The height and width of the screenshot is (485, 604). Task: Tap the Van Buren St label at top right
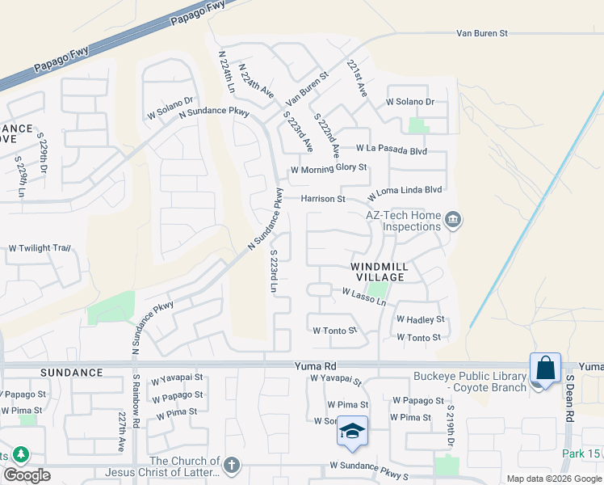click(481, 34)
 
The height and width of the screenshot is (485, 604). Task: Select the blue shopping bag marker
click(546, 369)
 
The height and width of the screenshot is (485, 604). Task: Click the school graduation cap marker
click(352, 431)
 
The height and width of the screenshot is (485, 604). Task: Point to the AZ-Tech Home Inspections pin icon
click(453, 220)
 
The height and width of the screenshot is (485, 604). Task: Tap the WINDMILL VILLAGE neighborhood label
click(378, 271)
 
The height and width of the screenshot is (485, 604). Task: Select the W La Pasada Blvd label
click(391, 150)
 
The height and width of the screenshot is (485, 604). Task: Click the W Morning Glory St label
click(329, 168)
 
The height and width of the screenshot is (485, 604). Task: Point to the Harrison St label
click(323, 199)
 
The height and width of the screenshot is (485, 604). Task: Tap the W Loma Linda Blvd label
click(405, 193)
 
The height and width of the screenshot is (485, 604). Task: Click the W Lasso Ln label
click(364, 296)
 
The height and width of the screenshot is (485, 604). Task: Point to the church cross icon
click(232, 465)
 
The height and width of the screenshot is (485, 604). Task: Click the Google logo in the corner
click(26, 475)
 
